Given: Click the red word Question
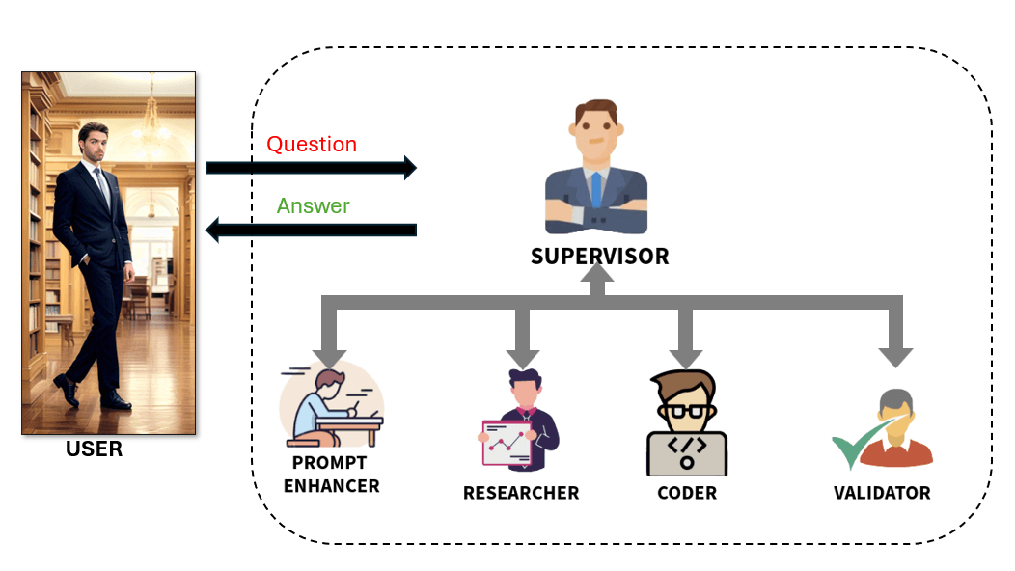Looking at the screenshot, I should [x=312, y=145].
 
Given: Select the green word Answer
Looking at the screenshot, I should [x=313, y=206].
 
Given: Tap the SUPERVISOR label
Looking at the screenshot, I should [x=599, y=257].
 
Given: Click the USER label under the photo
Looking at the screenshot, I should [x=94, y=449].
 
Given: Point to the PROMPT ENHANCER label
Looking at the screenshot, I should [x=331, y=475].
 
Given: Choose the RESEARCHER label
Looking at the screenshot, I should [x=521, y=493].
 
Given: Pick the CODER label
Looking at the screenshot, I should [x=687, y=493].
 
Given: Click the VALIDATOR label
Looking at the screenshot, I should [x=882, y=493].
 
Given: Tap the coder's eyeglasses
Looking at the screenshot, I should [x=687, y=410].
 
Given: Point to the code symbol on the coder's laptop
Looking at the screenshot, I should [x=687, y=447].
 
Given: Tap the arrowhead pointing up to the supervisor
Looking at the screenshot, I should [x=597, y=278].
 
